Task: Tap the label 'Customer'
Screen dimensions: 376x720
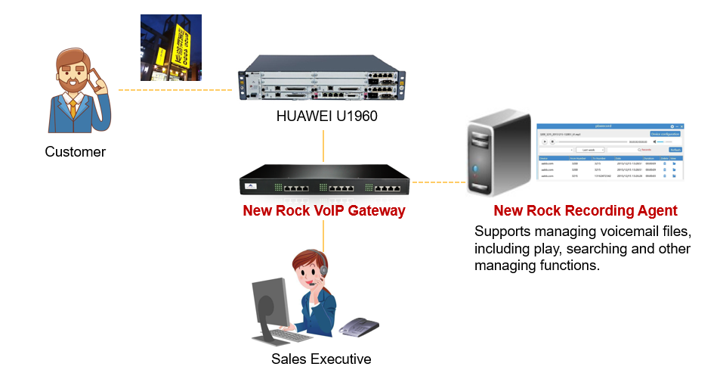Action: (75, 152)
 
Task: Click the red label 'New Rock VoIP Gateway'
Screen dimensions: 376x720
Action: (324, 210)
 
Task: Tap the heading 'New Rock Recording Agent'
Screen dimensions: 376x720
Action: (585, 210)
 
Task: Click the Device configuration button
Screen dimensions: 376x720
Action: (665, 134)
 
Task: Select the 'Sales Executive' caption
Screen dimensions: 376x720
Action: (321, 359)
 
